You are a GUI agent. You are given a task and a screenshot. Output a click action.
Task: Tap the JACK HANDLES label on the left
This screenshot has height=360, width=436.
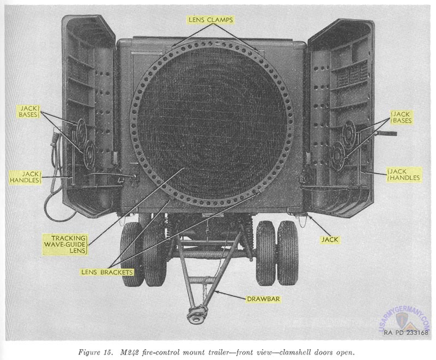(26, 176)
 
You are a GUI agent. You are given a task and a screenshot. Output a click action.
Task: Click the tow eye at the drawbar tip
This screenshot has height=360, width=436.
(195, 315)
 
